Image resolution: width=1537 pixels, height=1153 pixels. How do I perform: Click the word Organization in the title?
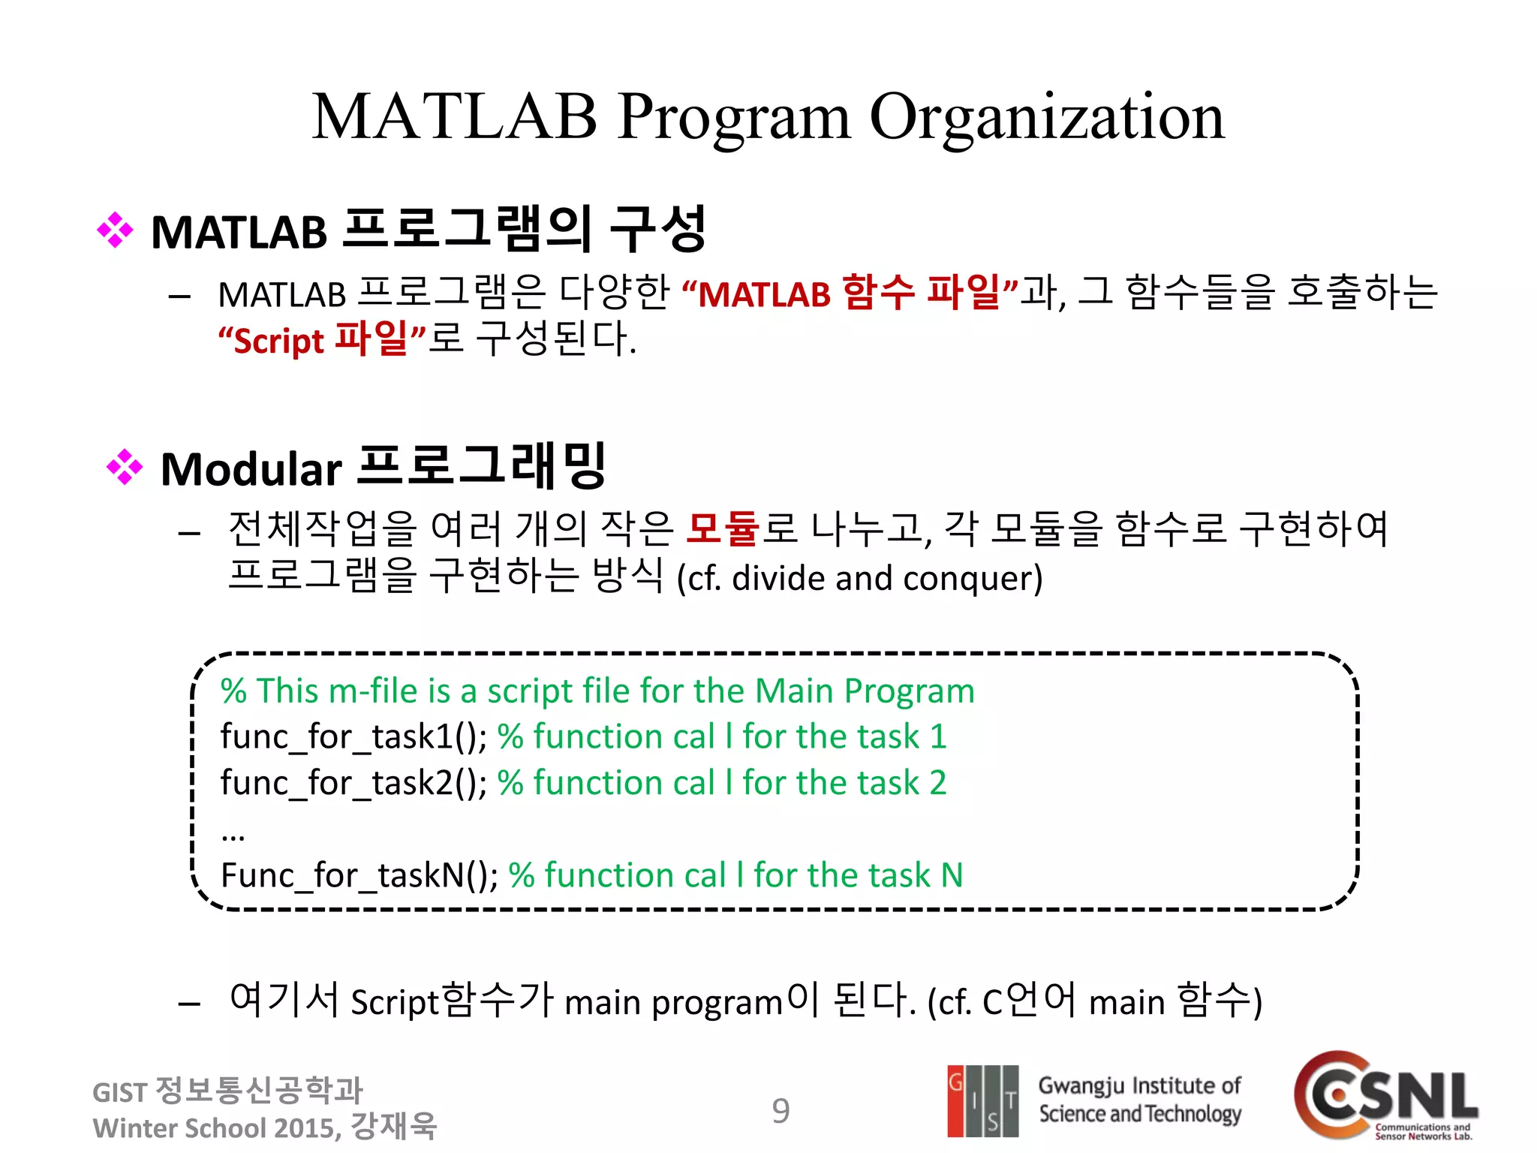[1046, 117]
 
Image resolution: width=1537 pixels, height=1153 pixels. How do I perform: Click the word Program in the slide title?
[734, 117]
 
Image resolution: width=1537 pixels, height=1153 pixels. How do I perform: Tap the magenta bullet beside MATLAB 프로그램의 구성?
[115, 230]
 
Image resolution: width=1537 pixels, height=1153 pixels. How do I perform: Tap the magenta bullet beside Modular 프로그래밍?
[125, 468]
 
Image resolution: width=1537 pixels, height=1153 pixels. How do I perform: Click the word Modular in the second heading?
[251, 470]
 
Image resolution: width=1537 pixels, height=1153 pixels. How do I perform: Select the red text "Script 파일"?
[322, 339]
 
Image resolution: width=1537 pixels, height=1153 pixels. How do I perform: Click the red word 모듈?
[723, 528]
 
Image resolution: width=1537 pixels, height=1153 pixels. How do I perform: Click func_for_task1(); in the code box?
[353, 736]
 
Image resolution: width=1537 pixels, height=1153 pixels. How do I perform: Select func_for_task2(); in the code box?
[353, 783]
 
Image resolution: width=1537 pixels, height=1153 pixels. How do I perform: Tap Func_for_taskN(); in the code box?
[359, 875]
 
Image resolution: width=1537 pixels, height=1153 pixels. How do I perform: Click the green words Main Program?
[864, 691]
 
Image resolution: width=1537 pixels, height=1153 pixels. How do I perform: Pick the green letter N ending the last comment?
[952, 875]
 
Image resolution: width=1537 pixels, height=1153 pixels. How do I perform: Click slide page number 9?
[781, 1111]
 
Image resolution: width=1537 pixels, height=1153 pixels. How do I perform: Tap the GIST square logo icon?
[982, 1100]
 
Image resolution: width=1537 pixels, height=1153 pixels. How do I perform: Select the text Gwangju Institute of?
[1138, 1085]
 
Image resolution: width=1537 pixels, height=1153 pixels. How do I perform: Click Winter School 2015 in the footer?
[215, 1128]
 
